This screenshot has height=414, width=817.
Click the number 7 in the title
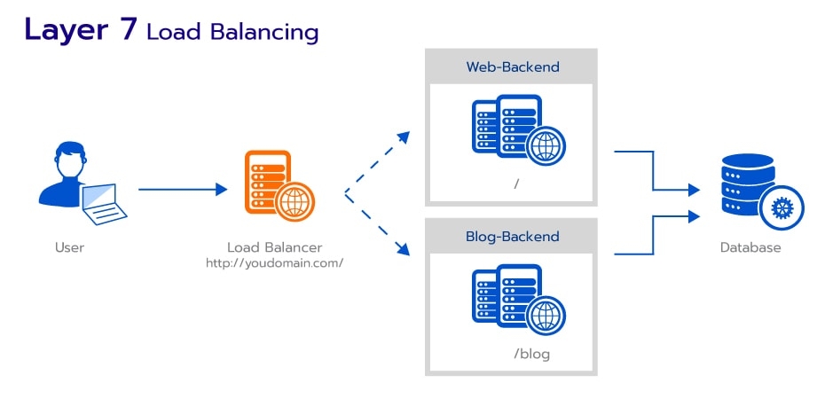[x=126, y=29]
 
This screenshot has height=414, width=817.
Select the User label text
[x=69, y=247]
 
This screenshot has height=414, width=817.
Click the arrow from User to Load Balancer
[x=183, y=189]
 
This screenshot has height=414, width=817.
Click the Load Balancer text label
[x=274, y=247]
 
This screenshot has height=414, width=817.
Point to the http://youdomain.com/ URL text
[x=274, y=263]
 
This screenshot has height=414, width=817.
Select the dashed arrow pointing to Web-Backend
[x=380, y=160]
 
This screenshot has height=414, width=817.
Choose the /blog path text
[x=531, y=354]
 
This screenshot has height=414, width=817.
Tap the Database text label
[x=750, y=247]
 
